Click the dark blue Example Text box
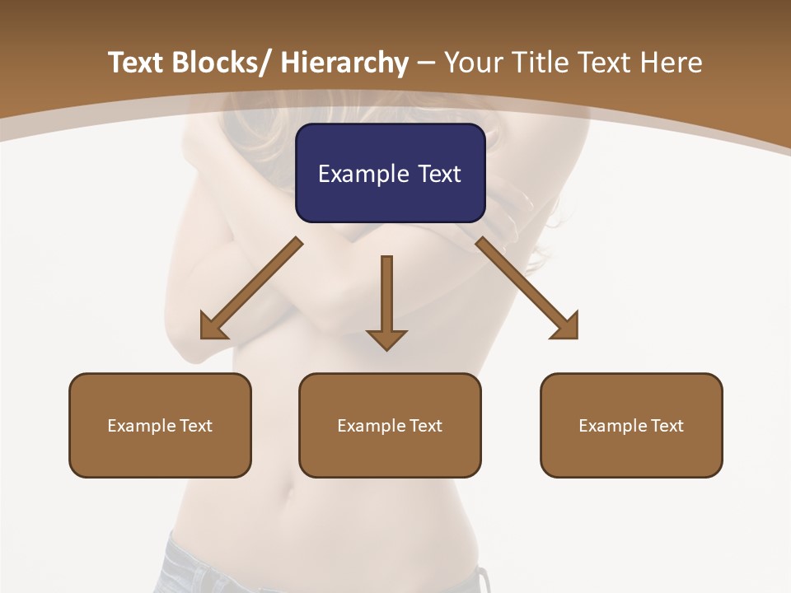tap(390, 173)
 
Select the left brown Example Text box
tap(160, 425)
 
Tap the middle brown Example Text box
tap(390, 425)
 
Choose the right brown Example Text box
tap(631, 425)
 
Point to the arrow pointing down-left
tap(251, 288)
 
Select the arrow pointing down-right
tap(527, 288)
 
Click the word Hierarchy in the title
tap(344, 63)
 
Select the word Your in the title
tap(470, 63)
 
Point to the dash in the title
tap(426, 63)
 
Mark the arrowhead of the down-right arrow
tap(564, 325)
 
